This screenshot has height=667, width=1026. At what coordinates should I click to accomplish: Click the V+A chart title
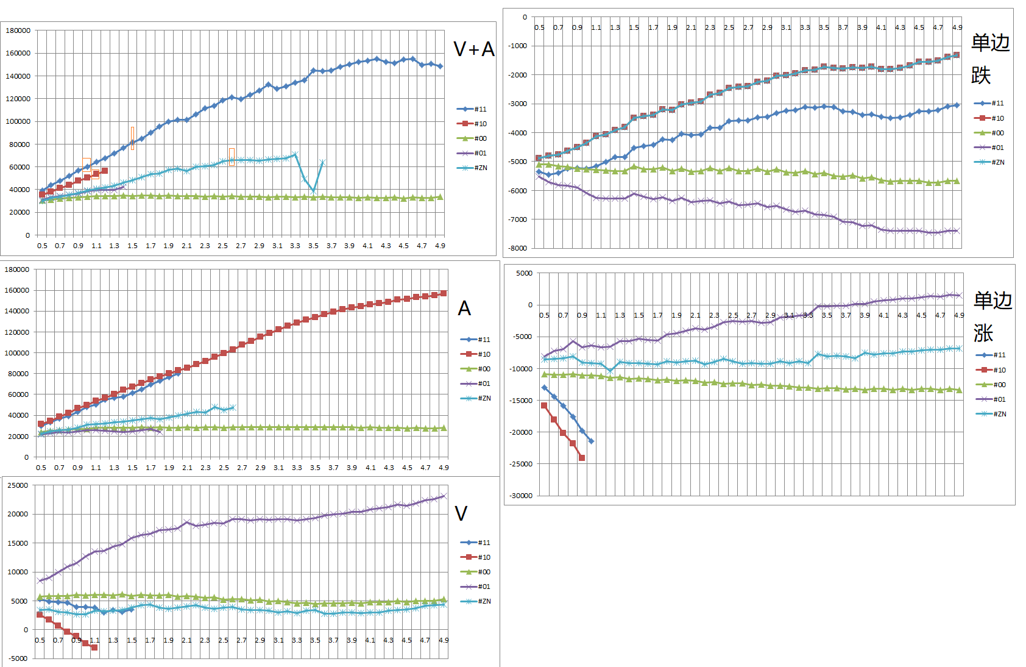pyautogui.click(x=473, y=49)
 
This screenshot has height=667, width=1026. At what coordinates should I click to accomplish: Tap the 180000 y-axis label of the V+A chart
pyautogui.click(x=18, y=30)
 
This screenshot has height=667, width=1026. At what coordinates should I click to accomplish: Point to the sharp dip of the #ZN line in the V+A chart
pyautogui.click(x=313, y=191)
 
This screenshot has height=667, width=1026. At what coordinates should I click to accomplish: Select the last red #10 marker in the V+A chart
pyautogui.click(x=105, y=171)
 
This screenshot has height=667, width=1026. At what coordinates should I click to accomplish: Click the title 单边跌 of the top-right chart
pyautogui.click(x=989, y=59)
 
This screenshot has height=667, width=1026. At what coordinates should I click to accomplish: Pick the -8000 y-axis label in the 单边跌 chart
pyautogui.click(x=518, y=248)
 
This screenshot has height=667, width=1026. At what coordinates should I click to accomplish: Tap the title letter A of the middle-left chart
pyautogui.click(x=464, y=309)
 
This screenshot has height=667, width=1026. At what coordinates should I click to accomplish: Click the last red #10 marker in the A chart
pyautogui.click(x=444, y=293)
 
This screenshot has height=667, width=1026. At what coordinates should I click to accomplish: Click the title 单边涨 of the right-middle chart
pyautogui.click(x=992, y=316)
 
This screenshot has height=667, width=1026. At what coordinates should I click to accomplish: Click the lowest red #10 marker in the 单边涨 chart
pyautogui.click(x=582, y=458)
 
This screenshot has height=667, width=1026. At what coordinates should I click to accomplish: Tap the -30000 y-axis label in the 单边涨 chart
pyautogui.click(x=521, y=496)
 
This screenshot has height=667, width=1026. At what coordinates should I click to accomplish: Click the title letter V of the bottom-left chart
pyautogui.click(x=461, y=513)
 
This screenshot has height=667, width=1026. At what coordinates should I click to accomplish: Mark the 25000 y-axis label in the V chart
pyautogui.click(x=18, y=485)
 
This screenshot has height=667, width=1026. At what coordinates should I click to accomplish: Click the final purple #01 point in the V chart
pyautogui.click(x=444, y=496)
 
